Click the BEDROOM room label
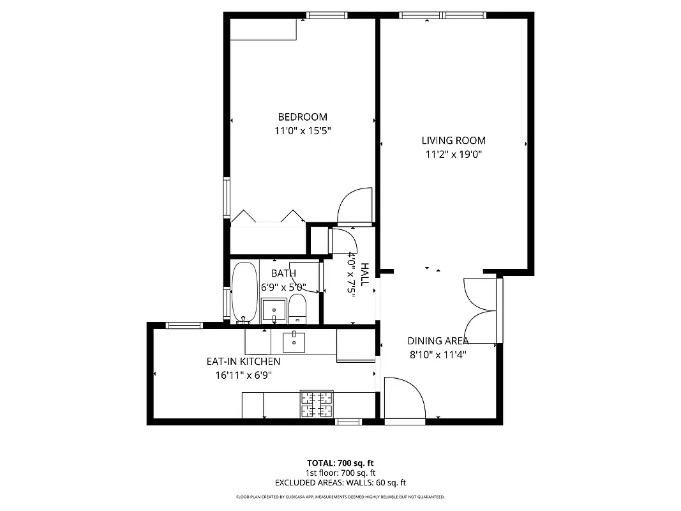coord(303,117)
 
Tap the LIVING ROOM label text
coord(453,141)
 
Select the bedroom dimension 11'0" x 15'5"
coord(303,131)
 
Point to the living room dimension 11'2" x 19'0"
coord(453,155)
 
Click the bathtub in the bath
coord(243,291)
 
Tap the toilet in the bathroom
coord(297,309)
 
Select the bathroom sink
coord(276,310)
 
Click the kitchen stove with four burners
coord(317,403)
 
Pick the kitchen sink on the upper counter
coord(294,342)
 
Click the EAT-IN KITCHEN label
coord(243,362)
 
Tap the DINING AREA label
coord(438,341)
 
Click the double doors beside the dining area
coord(482,311)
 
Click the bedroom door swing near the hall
coord(353,206)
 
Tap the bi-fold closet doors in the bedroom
coord(267,217)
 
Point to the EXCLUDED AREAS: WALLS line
coord(340,483)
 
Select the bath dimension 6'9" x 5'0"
coord(283,287)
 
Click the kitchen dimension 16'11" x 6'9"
coord(243,376)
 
